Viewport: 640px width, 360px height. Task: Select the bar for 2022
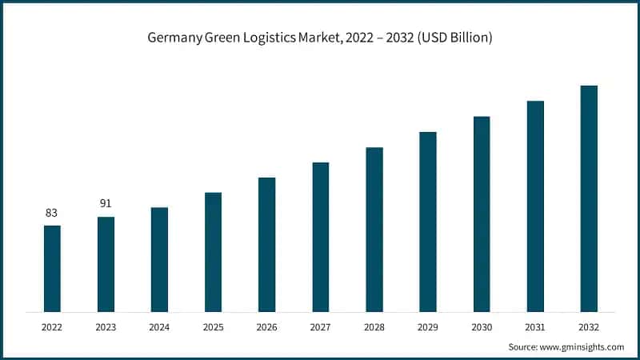tap(52, 268)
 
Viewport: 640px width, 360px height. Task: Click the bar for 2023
tap(106, 264)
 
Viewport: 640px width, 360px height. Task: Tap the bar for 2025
tap(213, 251)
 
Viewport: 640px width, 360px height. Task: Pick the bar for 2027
tap(321, 237)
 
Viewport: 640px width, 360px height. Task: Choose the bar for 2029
tap(428, 222)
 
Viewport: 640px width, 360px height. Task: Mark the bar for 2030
tap(482, 214)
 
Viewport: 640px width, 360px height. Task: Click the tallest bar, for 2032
tap(589, 198)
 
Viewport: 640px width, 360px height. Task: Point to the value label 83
tap(52, 213)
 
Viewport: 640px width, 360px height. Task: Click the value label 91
tap(106, 203)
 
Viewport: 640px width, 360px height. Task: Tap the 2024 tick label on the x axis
tap(159, 326)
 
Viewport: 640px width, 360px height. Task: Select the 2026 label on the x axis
tap(266, 326)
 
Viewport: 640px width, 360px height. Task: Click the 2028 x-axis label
tap(374, 326)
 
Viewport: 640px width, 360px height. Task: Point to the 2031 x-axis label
tap(535, 326)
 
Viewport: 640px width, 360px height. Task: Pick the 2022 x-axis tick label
tap(52, 326)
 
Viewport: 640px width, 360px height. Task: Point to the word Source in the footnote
tap(522, 346)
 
